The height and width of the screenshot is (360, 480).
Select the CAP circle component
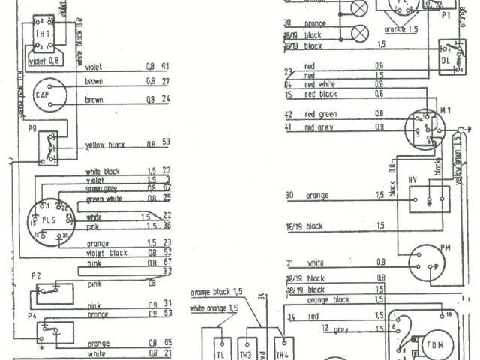[x=43, y=95]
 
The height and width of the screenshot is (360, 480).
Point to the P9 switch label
[x=32, y=128]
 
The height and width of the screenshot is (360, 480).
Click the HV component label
[x=412, y=180]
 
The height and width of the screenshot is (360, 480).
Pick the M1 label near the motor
[x=445, y=111]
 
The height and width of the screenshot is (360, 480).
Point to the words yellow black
[x=105, y=144]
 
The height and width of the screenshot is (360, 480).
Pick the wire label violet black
[x=107, y=253]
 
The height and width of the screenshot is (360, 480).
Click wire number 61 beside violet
[x=165, y=66]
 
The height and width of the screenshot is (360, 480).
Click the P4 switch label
[x=32, y=316]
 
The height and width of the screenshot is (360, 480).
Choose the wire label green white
[x=104, y=199]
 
